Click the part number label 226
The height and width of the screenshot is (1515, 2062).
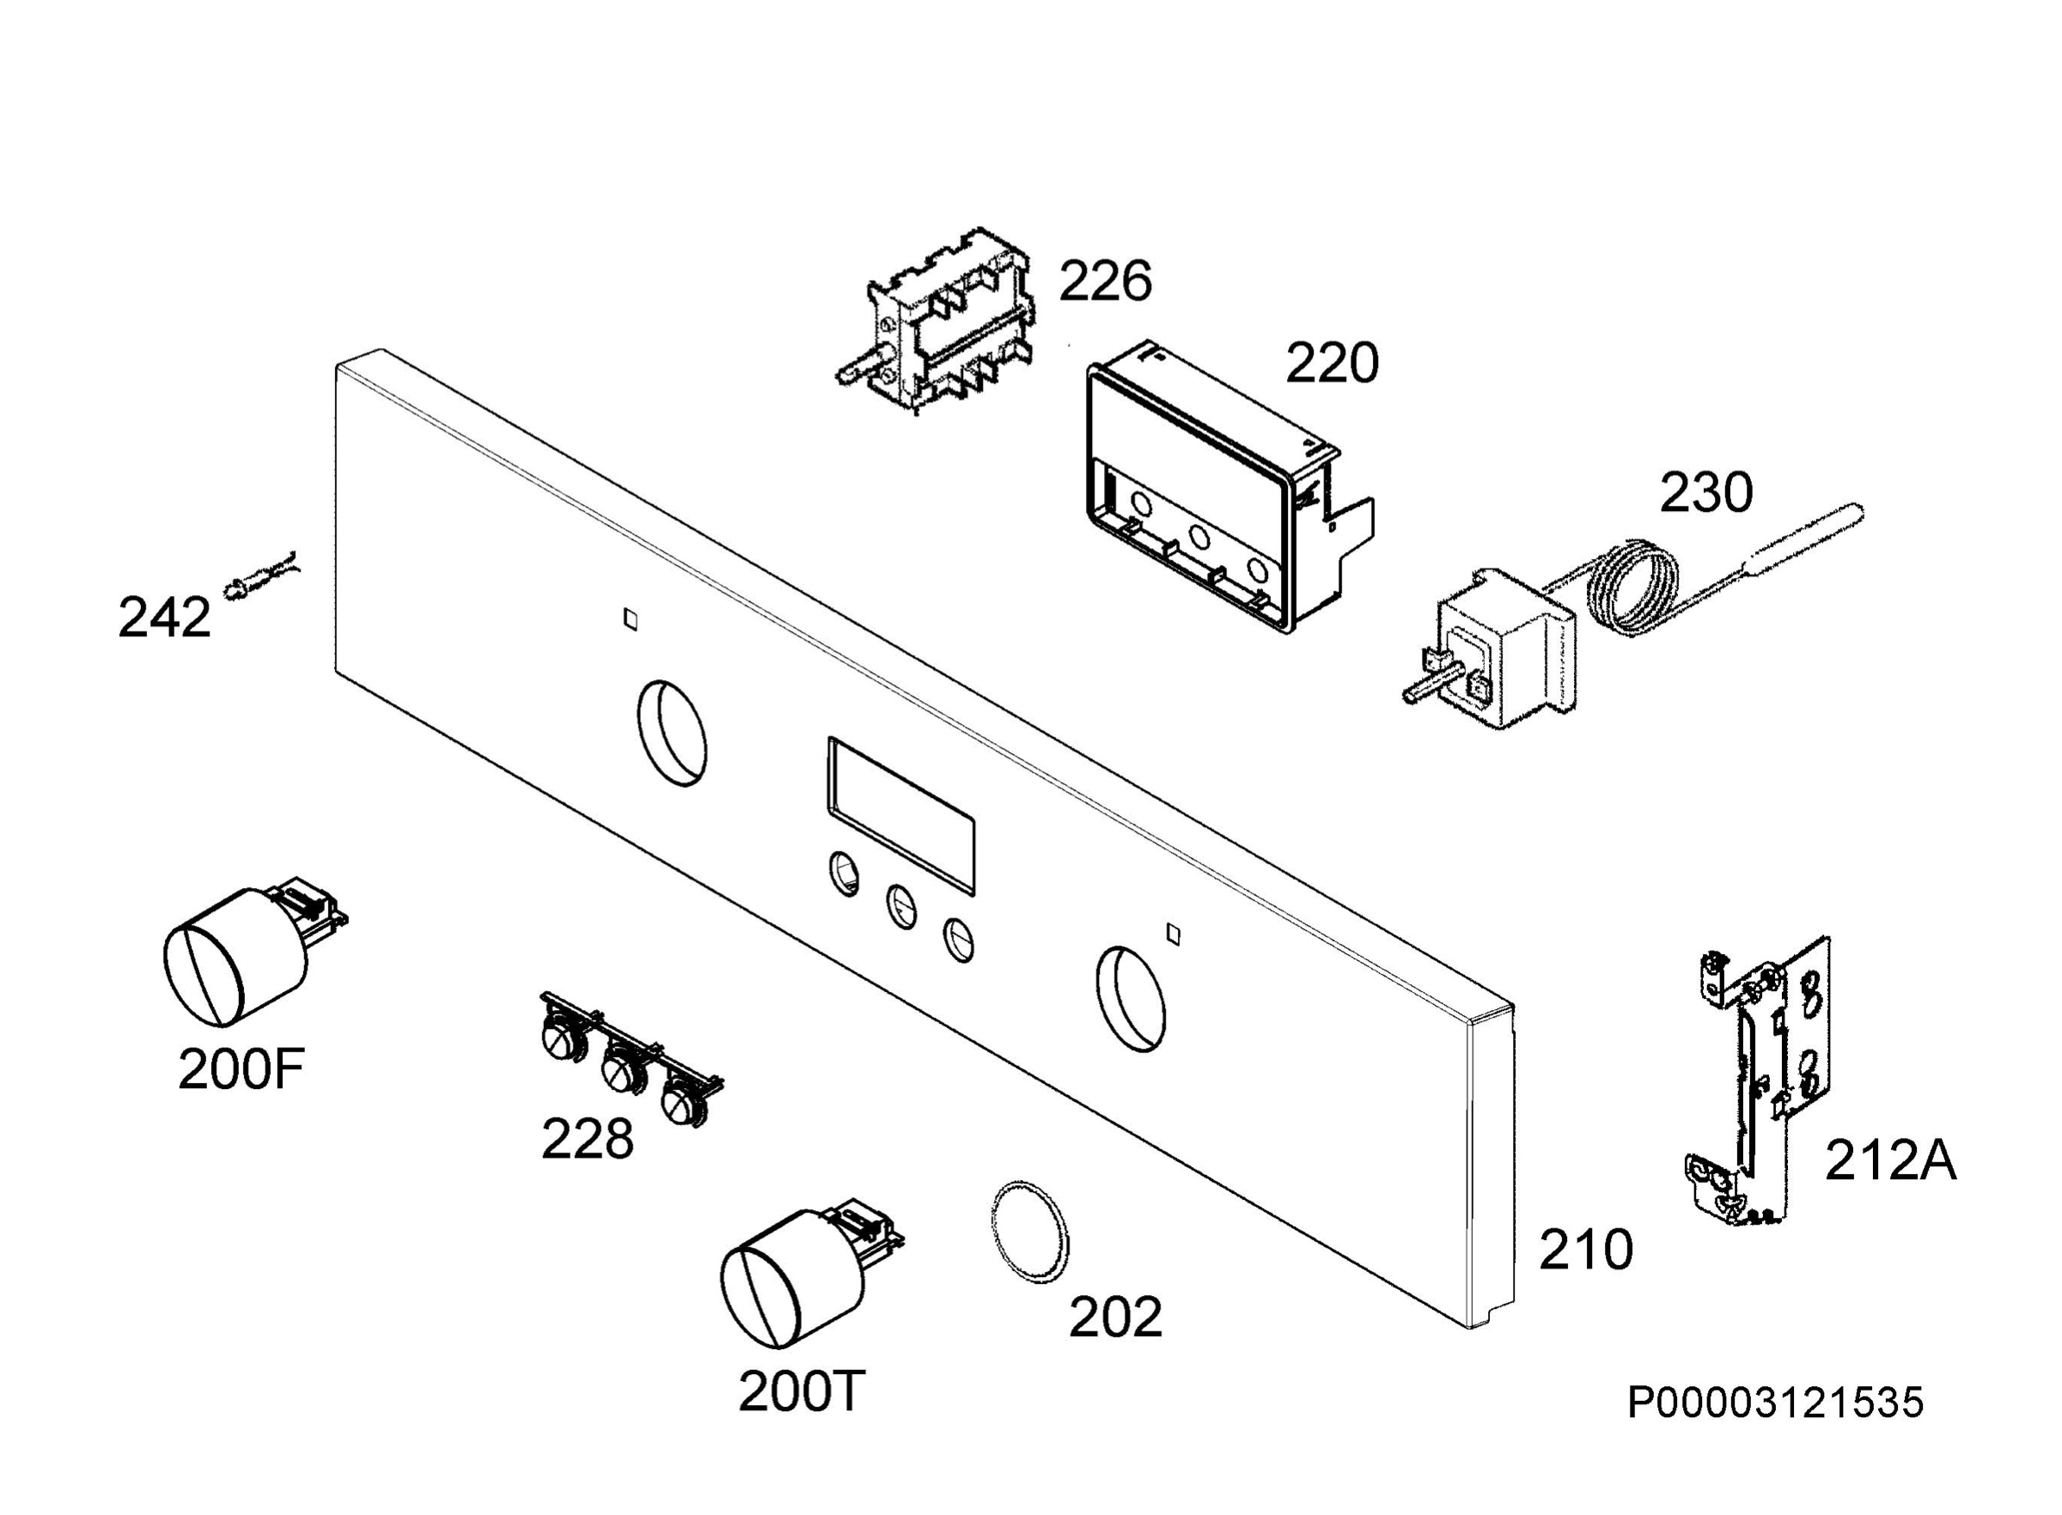tap(1104, 281)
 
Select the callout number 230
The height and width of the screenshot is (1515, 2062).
tap(1705, 492)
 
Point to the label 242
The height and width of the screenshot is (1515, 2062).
tap(164, 618)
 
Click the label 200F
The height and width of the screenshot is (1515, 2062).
tap(241, 1069)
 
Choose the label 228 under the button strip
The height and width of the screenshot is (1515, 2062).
tap(587, 1139)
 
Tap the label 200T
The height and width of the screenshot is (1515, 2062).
tap(802, 1391)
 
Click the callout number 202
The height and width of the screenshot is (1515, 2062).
tap(1115, 1317)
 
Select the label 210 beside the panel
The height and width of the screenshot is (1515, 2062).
tap(1586, 1249)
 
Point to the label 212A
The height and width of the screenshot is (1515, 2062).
tap(1890, 1161)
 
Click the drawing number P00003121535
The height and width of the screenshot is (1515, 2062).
tap(1775, 1403)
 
